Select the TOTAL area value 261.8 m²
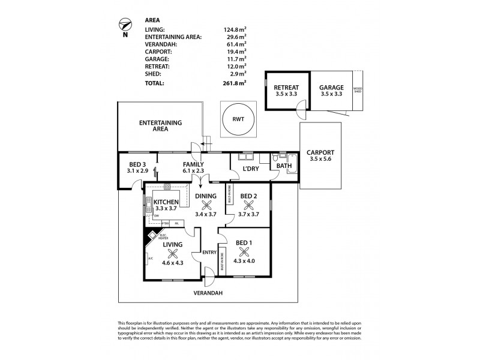pyautogui.click(x=235, y=83)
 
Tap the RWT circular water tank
pyautogui.click(x=238, y=118)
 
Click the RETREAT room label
pyautogui.click(x=286, y=87)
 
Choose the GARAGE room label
pyautogui.click(x=331, y=87)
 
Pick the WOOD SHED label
pyautogui.click(x=359, y=90)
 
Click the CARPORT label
pyautogui.click(x=320, y=152)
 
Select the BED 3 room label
pyautogui.click(x=137, y=164)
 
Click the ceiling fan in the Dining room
pyautogui.click(x=205, y=202)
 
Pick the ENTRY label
pyautogui.click(x=209, y=251)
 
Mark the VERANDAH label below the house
pyautogui.click(x=208, y=293)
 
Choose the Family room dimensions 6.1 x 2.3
pyautogui.click(x=194, y=171)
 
